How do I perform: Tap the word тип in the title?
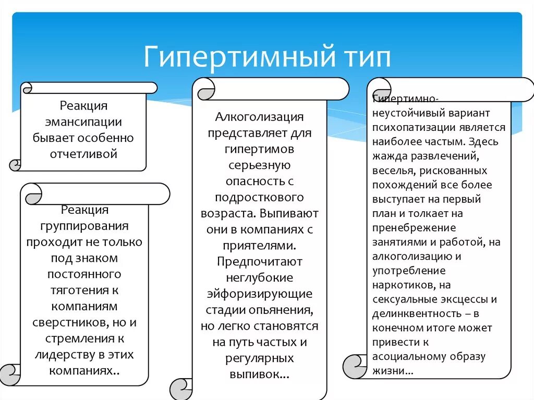click(367, 57)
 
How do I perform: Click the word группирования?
click(84, 226)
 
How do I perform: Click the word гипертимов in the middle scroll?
click(260, 149)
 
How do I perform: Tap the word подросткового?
click(259, 197)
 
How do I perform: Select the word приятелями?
click(260, 245)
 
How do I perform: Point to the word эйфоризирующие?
click(260, 294)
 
